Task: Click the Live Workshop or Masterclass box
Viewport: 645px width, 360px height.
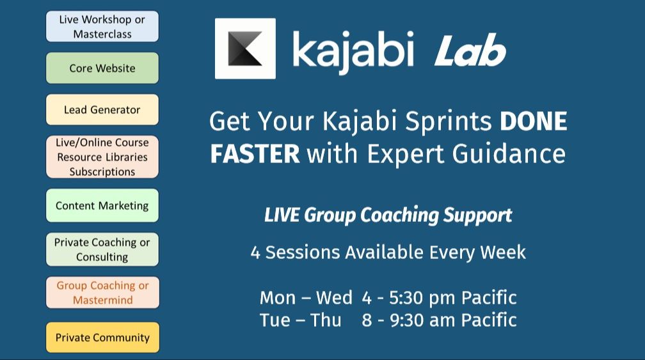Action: (x=102, y=26)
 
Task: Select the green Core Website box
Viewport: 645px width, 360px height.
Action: (x=102, y=68)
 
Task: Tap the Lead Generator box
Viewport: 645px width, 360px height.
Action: (x=102, y=110)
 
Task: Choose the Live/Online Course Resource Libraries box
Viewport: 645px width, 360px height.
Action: (x=102, y=157)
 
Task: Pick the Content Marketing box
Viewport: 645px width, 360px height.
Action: (x=102, y=205)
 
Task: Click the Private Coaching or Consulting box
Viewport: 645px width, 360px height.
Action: (x=102, y=249)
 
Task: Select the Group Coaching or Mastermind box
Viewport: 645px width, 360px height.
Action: (x=102, y=293)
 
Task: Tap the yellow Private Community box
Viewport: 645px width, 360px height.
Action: (x=102, y=338)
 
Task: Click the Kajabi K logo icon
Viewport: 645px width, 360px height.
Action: (x=245, y=49)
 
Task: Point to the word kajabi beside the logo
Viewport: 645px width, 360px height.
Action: (x=353, y=51)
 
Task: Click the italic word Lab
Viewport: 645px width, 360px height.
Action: (x=470, y=51)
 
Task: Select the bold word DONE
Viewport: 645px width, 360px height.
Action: (x=534, y=121)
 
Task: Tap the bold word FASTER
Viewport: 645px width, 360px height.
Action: (x=255, y=154)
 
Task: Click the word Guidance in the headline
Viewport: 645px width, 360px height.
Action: (x=509, y=154)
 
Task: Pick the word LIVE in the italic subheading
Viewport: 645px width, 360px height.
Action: (x=282, y=215)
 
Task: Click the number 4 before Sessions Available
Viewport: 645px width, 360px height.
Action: (x=255, y=253)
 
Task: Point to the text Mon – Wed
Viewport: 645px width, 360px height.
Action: (x=306, y=298)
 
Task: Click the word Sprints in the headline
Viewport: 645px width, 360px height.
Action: (x=449, y=122)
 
